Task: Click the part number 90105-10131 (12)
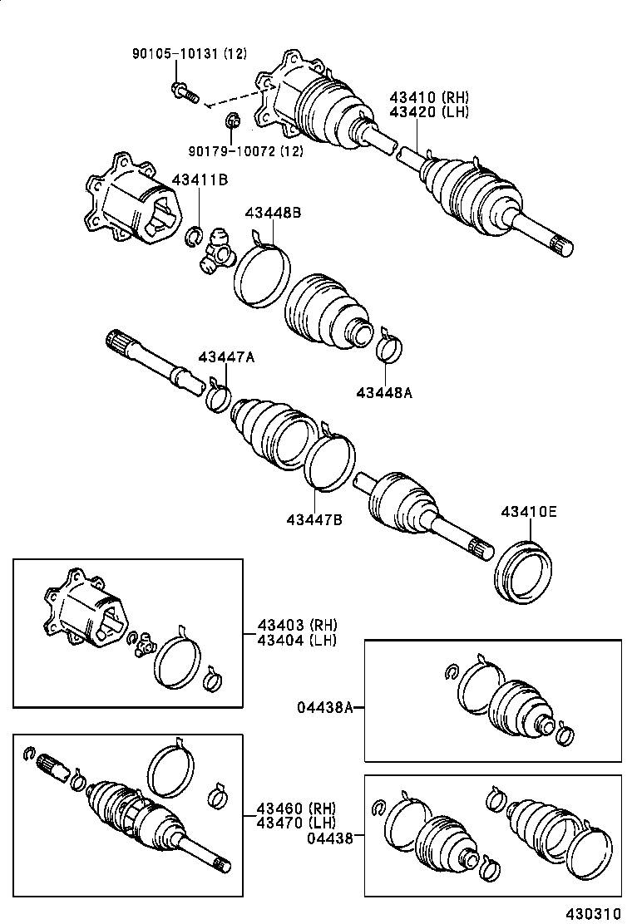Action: pos(190,54)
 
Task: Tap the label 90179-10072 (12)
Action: pos(244,151)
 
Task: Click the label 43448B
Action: pos(273,213)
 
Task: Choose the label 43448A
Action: pos(384,392)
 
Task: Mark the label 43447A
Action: pos(226,357)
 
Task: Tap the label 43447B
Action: pos(315,519)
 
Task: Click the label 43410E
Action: pos(529,512)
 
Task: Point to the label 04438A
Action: pos(325,707)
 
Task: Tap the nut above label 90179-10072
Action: pos(233,125)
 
